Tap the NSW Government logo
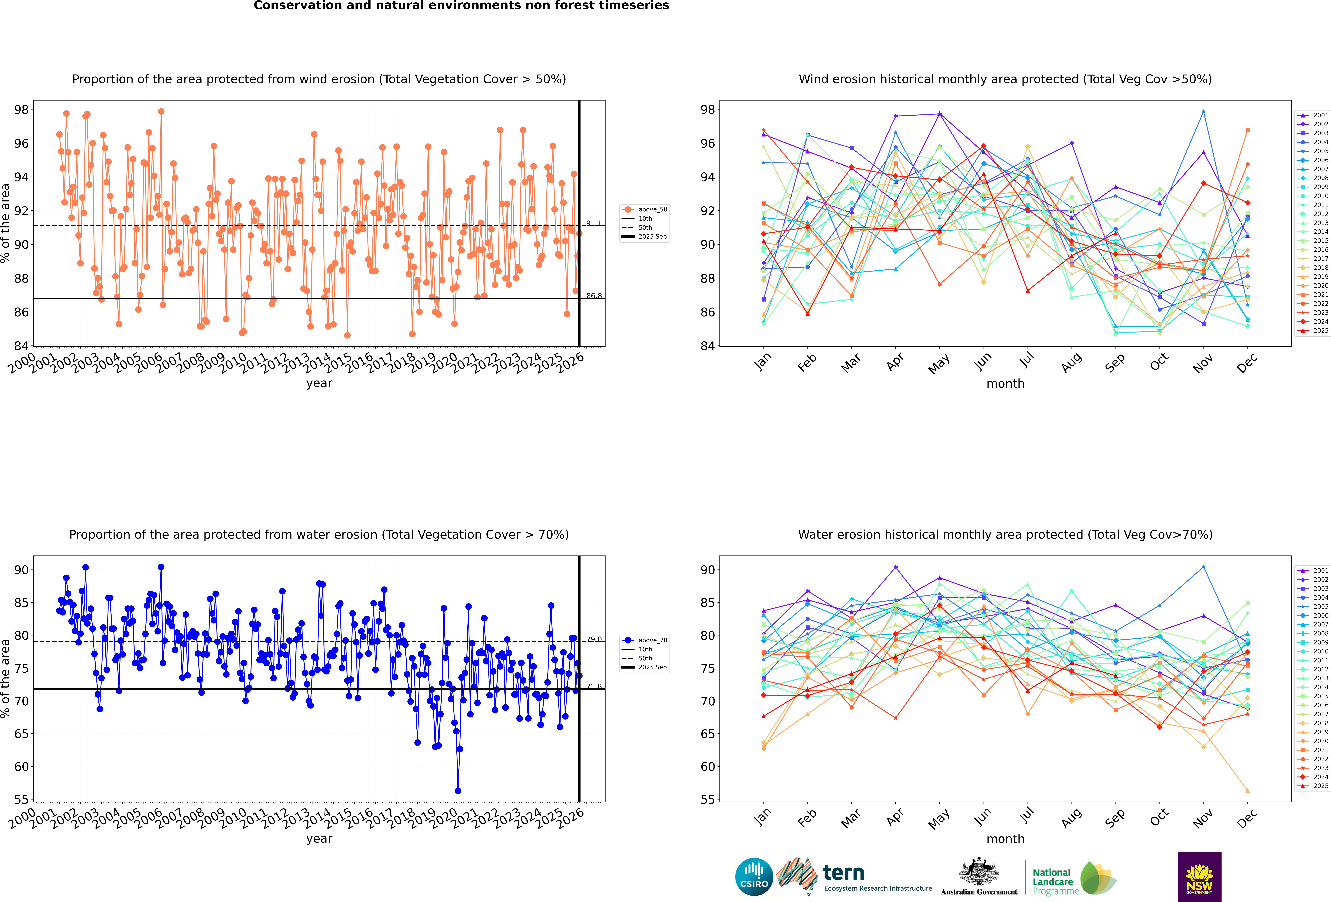(1199, 876)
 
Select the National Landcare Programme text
(1052, 882)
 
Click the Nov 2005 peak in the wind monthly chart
(1203, 112)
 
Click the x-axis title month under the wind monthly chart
(1005, 384)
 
